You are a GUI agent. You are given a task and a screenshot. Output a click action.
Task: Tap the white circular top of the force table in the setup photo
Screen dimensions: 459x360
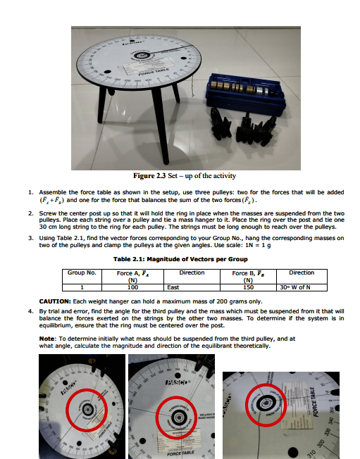click(x=138, y=61)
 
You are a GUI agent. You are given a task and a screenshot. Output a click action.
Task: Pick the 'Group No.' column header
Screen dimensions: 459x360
click(x=81, y=272)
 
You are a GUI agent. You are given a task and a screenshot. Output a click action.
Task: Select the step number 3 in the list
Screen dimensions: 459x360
click(x=30, y=239)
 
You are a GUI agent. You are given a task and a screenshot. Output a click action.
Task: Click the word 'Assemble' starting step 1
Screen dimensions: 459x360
click(x=52, y=191)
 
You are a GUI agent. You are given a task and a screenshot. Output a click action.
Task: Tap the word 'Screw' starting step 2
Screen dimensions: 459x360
click(x=47, y=212)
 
